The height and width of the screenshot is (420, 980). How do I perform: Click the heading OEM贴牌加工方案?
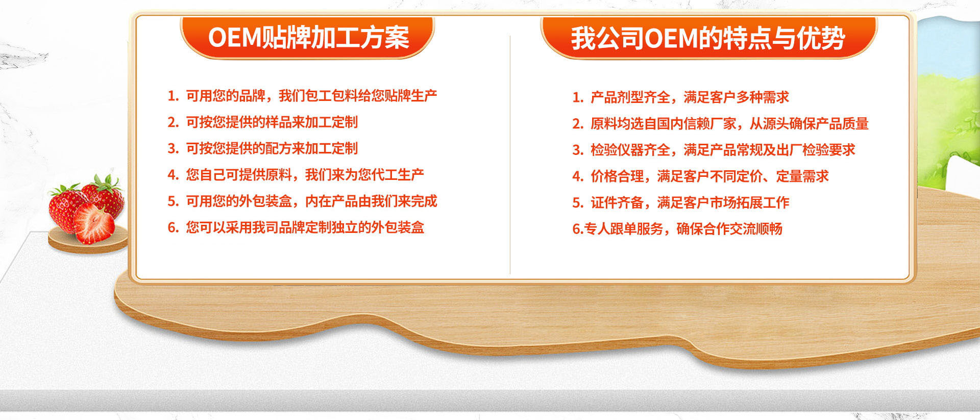point(308,37)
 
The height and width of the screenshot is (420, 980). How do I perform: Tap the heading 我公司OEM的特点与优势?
point(708,38)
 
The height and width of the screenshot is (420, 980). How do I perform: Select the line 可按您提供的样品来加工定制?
point(272,122)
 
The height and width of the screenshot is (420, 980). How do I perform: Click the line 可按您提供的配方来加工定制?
point(272,148)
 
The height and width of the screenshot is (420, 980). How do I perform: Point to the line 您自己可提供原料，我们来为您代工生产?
point(305,175)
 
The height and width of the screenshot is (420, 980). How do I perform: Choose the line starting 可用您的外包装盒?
point(311,201)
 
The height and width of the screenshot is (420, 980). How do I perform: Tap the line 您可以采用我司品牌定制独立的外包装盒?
point(305,227)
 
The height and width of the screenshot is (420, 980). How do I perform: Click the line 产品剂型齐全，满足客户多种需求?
point(690,97)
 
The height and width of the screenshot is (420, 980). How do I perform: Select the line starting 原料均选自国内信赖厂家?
point(729,123)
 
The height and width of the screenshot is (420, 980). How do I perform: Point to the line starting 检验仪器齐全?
point(723,150)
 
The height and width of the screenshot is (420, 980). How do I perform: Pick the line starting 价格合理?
point(709,176)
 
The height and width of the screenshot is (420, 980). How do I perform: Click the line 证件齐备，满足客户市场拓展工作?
point(690,203)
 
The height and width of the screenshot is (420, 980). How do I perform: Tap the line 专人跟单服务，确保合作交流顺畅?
point(683,229)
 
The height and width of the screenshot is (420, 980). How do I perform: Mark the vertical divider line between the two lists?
point(510,155)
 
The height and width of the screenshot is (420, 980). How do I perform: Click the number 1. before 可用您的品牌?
point(173,96)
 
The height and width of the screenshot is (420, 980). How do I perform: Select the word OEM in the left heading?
point(234,38)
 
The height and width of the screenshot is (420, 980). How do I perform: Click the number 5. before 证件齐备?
point(578,203)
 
